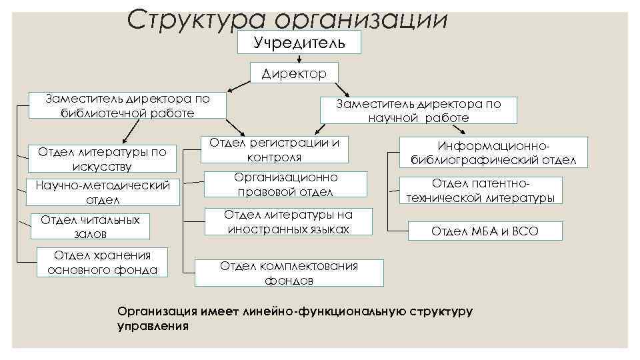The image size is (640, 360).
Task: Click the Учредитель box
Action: click(x=299, y=43)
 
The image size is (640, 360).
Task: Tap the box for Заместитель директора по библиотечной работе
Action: click(x=127, y=106)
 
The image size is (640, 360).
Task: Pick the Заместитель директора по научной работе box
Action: click(x=418, y=111)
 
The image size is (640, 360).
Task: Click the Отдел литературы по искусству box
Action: click(x=103, y=159)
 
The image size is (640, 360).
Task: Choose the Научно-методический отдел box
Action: click(x=103, y=192)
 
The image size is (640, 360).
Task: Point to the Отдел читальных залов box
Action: click(x=91, y=227)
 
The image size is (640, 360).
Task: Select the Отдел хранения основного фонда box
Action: click(x=103, y=263)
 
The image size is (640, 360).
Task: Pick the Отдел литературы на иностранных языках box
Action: click(x=288, y=221)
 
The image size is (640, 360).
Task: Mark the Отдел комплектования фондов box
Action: click(x=289, y=273)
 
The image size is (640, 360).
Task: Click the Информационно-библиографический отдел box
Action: click(x=493, y=153)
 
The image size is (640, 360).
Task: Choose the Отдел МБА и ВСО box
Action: click(x=485, y=231)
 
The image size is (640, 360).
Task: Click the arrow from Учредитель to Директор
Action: click(x=298, y=59)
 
